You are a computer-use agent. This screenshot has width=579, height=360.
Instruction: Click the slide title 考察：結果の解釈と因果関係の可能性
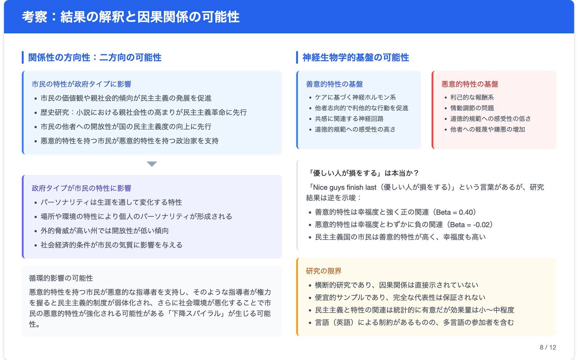click(131, 17)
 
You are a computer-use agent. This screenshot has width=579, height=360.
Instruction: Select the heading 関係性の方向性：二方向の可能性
click(95, 57)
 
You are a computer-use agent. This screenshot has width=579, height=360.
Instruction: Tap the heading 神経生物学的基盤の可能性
click(356, 57)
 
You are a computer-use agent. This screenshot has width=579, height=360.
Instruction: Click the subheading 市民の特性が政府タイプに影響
click(81, 84)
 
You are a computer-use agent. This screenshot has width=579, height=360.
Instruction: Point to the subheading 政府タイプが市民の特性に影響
click(81, 188)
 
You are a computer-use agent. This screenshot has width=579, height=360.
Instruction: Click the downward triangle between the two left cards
click(152, 164)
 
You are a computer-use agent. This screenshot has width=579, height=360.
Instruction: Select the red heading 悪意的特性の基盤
click(470, 84)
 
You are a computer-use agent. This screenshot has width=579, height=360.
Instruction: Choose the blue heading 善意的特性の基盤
click(334, 84)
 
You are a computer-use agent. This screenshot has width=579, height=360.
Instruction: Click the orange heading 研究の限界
click(323, 271)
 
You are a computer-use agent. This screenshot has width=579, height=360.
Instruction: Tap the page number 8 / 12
click(548, 347)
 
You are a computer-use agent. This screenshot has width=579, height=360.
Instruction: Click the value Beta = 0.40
click(456, 212)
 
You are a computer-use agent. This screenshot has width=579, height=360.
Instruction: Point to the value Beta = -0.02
click(471, 225)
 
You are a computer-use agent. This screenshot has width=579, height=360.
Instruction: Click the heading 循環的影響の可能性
click(61, 278)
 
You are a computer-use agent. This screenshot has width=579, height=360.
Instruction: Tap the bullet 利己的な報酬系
click(472, 97)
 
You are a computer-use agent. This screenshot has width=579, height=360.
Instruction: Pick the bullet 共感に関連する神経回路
click(349, 119)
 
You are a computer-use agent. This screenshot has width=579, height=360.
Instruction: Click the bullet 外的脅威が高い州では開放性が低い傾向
click(105, 231)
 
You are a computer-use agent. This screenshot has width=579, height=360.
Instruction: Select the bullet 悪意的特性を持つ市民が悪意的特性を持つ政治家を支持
click(129, 141)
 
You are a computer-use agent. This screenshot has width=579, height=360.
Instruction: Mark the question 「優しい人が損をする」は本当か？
click(362, 173)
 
